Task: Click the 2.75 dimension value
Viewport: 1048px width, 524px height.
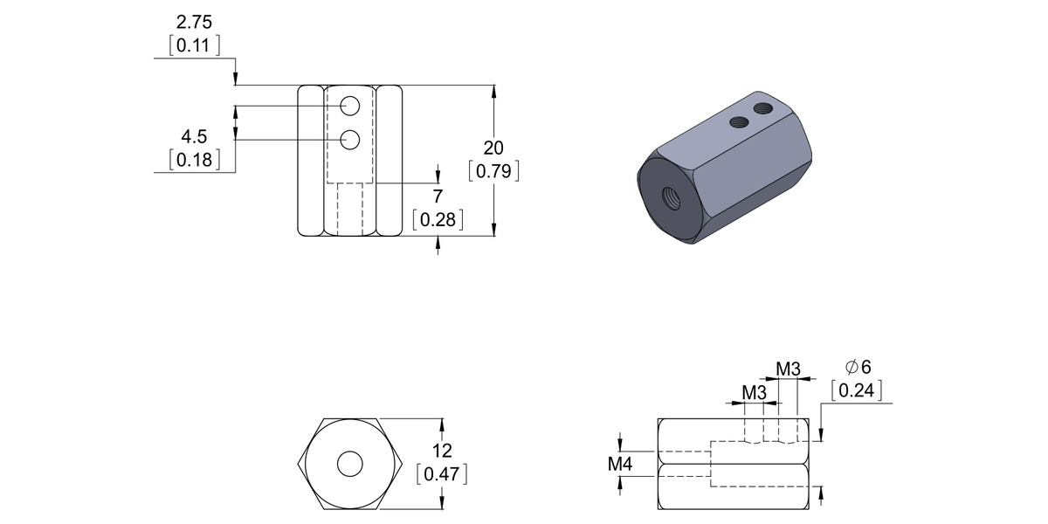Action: pos(194,23)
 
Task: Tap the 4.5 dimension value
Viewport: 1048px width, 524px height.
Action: pos(194,137)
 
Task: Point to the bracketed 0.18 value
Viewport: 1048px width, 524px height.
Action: pos(194,161)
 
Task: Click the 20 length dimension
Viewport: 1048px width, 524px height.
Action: pos(493,148)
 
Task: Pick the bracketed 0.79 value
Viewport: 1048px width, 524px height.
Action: pos(493,171)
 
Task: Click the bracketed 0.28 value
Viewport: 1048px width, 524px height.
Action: pos(438,220)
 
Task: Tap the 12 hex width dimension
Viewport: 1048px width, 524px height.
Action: pos(442,451)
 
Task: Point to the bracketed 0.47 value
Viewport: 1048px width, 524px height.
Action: pos(442,475)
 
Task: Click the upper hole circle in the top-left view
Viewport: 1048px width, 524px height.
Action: pos(350,107)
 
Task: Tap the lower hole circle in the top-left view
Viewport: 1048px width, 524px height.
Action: pos(350,139)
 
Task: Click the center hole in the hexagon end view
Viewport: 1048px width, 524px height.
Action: pos(350,464)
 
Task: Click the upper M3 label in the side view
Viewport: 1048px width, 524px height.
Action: pos(788,369)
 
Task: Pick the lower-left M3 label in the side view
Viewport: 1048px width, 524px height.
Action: pos(754,393)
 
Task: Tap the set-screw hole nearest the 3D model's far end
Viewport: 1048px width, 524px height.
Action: pos(762,108)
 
